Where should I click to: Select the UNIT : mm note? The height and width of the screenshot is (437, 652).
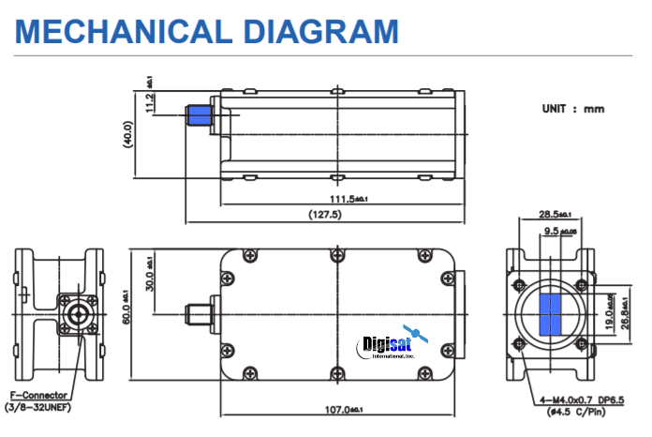pyautogui.click(x=572, y=109)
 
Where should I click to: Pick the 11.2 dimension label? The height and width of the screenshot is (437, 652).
pyautogui.click(x=150, y=101)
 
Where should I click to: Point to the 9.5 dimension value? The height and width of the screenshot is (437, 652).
pyautogui.click(x=551, y=229)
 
